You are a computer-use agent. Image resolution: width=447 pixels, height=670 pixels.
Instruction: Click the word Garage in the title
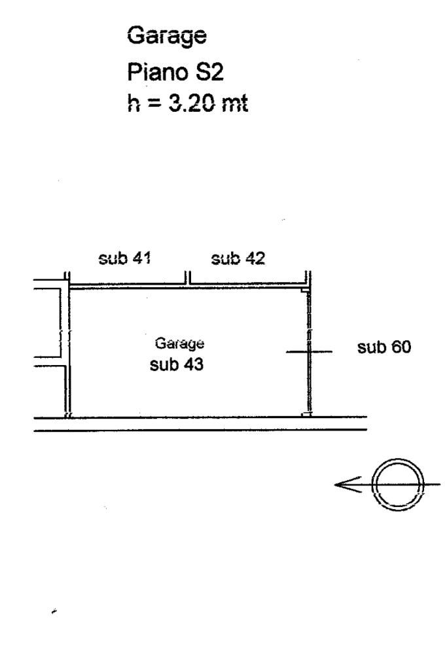click(166, 36)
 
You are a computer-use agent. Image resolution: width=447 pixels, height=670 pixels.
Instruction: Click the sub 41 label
click(124, 258)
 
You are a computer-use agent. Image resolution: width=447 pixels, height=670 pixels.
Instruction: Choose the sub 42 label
click(238, 258)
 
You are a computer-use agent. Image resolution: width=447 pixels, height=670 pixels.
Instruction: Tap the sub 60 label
click(384, 347)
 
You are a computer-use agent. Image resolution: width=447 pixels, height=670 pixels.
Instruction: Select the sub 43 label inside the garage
click(177, 365)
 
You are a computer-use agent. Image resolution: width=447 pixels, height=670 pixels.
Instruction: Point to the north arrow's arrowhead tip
click(336, 485)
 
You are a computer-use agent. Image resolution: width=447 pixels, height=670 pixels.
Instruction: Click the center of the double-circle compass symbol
click(397, 485)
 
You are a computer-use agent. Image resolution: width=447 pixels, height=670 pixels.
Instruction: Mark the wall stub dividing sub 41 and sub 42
click(187, 279)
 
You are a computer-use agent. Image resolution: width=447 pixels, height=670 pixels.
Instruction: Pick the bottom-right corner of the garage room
click(306, 415)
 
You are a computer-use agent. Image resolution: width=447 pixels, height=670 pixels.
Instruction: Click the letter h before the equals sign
click(133, 104)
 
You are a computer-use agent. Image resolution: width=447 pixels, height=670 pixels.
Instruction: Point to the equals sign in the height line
click(152, 105)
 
